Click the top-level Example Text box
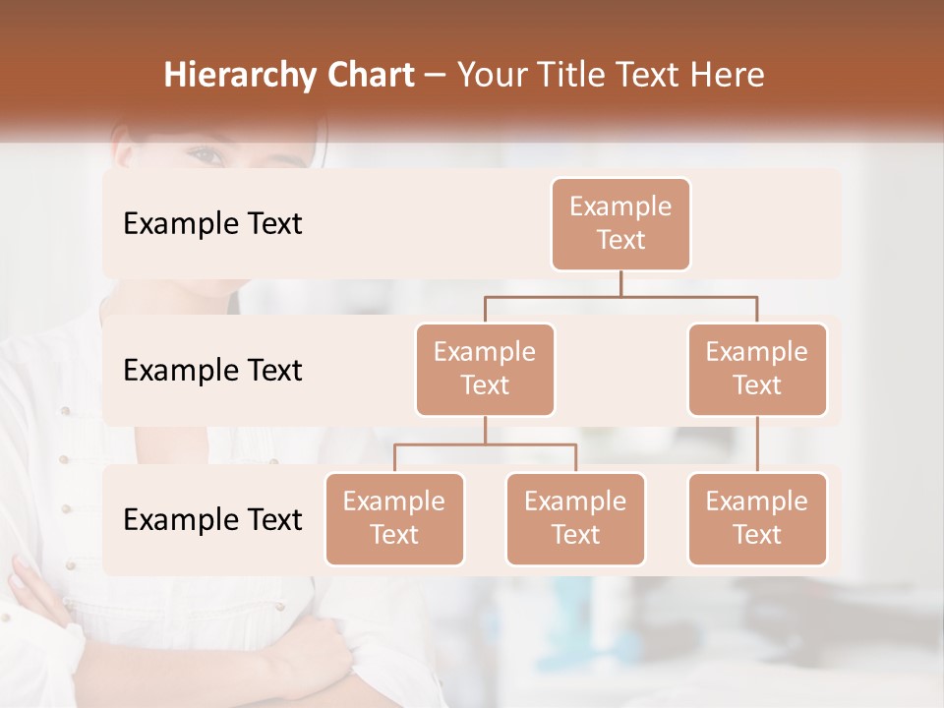620,223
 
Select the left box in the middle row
485,369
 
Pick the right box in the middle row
757,369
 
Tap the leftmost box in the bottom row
394,518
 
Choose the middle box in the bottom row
575,518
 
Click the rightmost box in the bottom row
757,518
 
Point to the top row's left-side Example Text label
212,223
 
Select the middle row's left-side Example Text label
212,370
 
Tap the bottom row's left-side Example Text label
212,519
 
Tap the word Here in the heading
727,75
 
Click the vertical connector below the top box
620,283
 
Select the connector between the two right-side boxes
757,443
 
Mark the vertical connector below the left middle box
485,430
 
